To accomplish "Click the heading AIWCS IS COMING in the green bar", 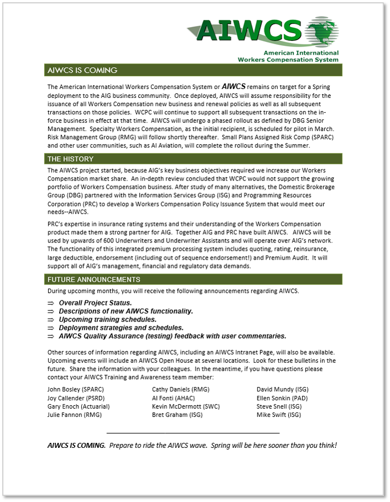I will [82, 70].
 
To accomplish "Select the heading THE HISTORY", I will [70, 159].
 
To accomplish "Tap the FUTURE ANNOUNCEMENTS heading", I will [94, 279].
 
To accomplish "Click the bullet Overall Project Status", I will [95, 303].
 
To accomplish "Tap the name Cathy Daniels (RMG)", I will [181, 389].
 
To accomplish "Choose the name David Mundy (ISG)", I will [283, 389].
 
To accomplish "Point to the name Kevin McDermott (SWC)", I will [186, 406].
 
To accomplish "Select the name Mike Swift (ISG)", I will [279, 415].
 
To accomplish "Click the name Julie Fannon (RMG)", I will [75, 415].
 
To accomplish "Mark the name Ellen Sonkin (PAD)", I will [283, 398].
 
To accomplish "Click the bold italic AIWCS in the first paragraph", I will [234, 87].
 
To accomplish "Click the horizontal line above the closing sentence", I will [193, 433].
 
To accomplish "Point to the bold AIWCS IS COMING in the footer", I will [76, 445].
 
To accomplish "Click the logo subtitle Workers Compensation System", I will [288, 59].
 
